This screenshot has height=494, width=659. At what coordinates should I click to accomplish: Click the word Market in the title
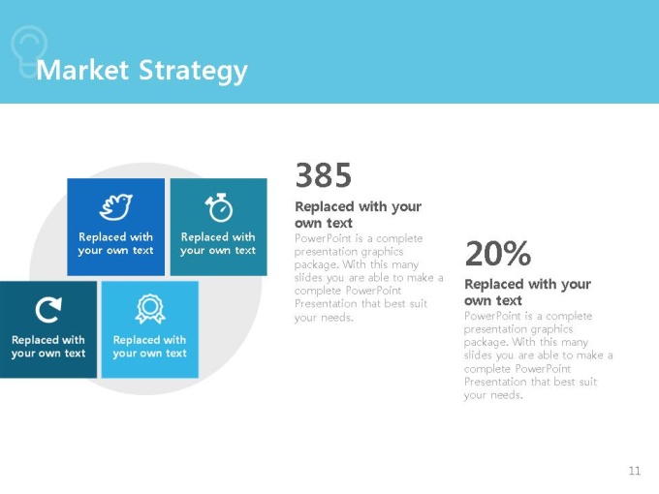click(x=82, y=70)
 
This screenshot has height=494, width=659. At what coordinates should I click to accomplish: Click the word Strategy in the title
click(x=193, y=72)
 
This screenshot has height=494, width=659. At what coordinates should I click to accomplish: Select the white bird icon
click(x=115, y=206)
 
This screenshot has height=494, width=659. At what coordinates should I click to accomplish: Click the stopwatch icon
click(x=219, y=207)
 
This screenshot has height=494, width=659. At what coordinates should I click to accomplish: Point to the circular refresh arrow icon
click(x=48, y=310)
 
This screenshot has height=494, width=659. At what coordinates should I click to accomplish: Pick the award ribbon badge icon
click(x=149, y=309)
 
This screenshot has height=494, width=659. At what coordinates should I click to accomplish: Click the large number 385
click(x=324, y=174)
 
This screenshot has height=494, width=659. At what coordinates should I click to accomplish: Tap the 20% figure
click(x=498, y=253)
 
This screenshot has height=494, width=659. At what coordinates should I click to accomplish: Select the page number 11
click(x=635, y=471)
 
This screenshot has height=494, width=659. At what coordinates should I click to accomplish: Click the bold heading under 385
click(x=358, y=214)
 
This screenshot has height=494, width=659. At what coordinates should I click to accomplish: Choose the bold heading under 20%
click(x=527, y=292)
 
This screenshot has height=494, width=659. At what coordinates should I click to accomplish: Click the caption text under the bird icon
click(x=115, y=244)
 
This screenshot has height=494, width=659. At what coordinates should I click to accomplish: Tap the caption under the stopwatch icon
click(x=218, y=244)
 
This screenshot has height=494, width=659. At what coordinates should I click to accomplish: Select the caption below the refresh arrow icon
click(x=48, y=347)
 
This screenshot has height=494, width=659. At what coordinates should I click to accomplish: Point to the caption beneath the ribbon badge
click(x=149, y=347)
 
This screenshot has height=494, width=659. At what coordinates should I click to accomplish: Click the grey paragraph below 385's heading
click(x=368, y=278)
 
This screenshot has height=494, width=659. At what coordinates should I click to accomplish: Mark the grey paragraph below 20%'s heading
click(x=539, y=355)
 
